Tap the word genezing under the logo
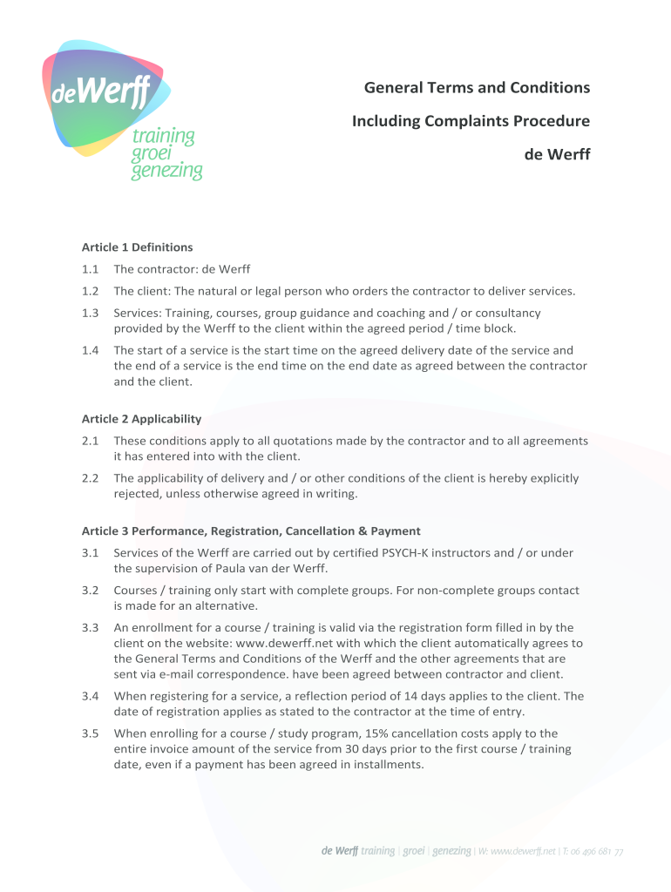[166, 171]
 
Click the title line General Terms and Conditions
[477, 87]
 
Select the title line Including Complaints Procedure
[471, 121]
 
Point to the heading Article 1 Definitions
[137, 247]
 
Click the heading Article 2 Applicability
[141, 419]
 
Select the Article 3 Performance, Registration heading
[251, 530]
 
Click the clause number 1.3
[90, 313]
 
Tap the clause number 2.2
[90, 478]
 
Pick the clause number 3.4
[90, 696]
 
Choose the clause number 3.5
[90, 733]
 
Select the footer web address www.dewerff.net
[524, 851]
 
